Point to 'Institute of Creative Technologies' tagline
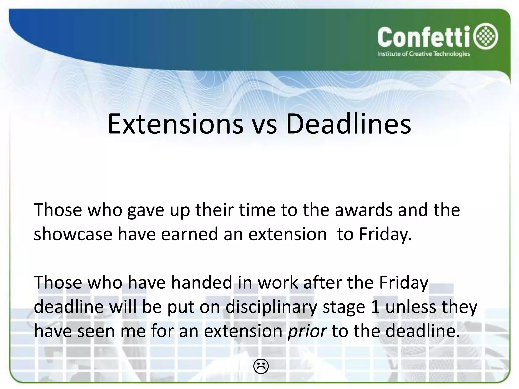click(x=423, y=54)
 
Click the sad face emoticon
click(x=261, y=366)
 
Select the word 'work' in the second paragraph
click(x=278, y=283)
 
